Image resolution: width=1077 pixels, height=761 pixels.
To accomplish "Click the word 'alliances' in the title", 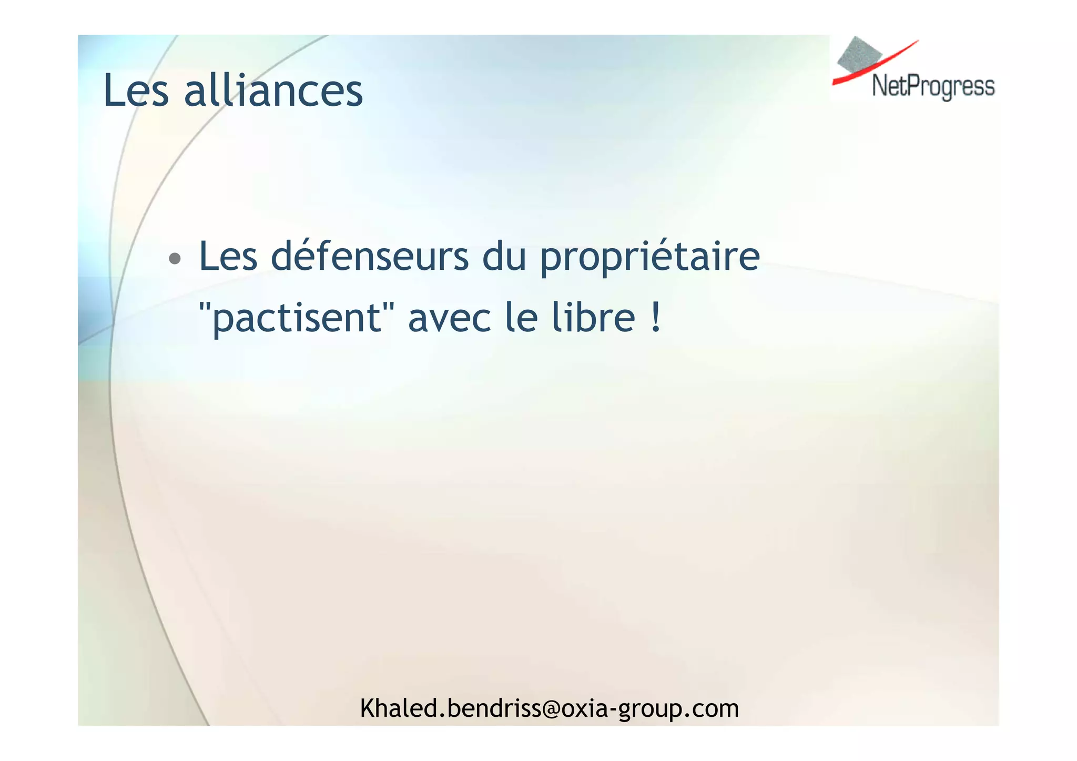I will click(273, 90).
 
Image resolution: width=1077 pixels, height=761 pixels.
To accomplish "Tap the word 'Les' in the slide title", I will click(136, 90).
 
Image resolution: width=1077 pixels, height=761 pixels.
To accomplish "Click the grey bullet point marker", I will click(175, 259).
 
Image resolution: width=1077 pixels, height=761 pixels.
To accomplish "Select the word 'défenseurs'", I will click(370, 256).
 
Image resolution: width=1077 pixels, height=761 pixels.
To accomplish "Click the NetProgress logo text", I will click(933, 87).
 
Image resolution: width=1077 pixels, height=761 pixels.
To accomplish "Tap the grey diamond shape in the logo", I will click(859, 55).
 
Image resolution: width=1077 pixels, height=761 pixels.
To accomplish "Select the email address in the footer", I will click(550, 708).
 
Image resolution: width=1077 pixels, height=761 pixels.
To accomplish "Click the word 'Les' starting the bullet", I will click(228, 256).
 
